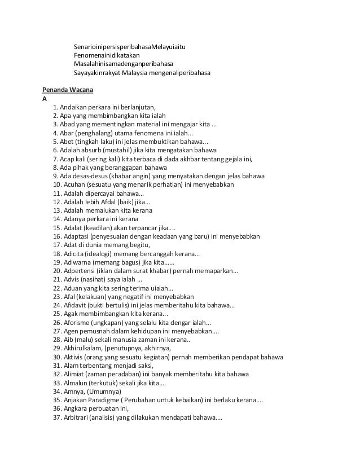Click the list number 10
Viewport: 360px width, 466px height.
pos(57,184)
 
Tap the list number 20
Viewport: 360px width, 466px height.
pos(57,271)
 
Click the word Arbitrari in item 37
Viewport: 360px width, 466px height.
pos(78,418)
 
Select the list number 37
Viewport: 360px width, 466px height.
pos(57,418)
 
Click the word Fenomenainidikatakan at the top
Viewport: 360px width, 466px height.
pos(107,55)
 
